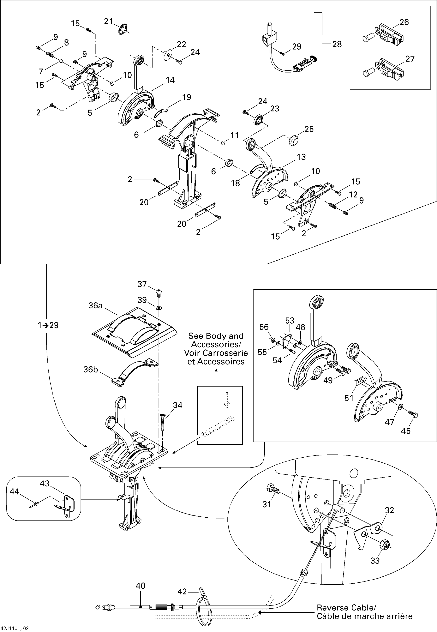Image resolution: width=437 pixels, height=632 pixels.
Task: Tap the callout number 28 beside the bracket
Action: [x=337, y=44]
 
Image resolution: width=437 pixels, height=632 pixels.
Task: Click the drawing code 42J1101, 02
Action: [x=15, y=629]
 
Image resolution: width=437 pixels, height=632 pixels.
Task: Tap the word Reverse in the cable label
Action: [x=332, y=608]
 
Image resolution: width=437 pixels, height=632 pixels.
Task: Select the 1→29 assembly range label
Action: [x=48, y=325]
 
